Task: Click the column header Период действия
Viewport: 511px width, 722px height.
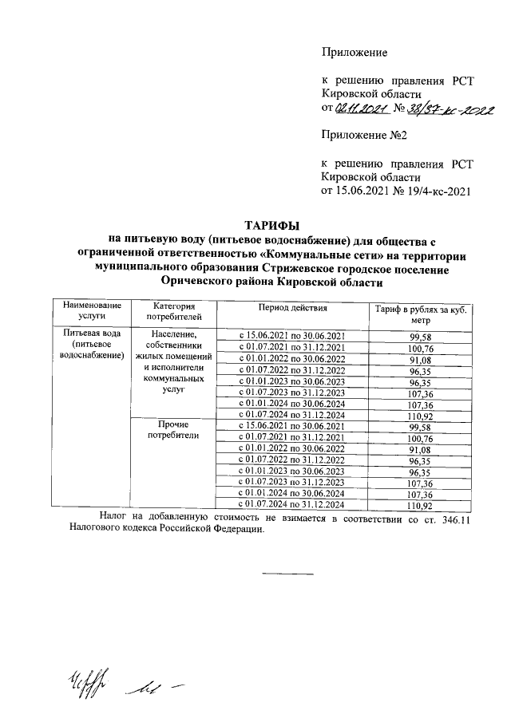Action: (291, 307)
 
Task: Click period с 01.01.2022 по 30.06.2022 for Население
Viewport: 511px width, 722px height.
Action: (291, 359)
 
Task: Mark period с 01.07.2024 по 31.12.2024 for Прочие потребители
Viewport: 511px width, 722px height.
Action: (291, 505)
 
